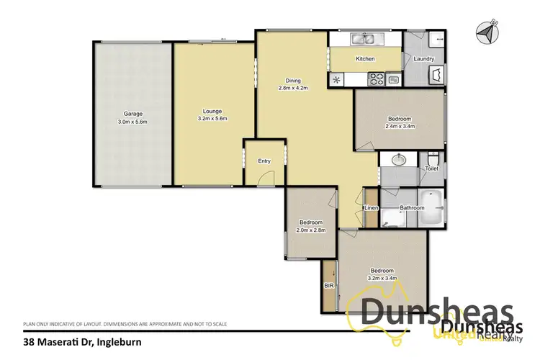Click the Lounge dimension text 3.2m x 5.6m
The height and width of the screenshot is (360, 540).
click(212, 119)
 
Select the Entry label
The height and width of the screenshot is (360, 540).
click(264, 161)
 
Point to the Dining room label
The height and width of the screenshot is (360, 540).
click(292, 80)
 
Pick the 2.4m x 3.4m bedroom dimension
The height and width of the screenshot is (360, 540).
click(400, 126)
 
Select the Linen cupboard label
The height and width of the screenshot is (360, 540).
click(371, 208)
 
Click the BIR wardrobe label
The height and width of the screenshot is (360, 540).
click(328, 286)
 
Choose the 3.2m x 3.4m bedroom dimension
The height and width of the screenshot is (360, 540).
click(382, 274)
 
